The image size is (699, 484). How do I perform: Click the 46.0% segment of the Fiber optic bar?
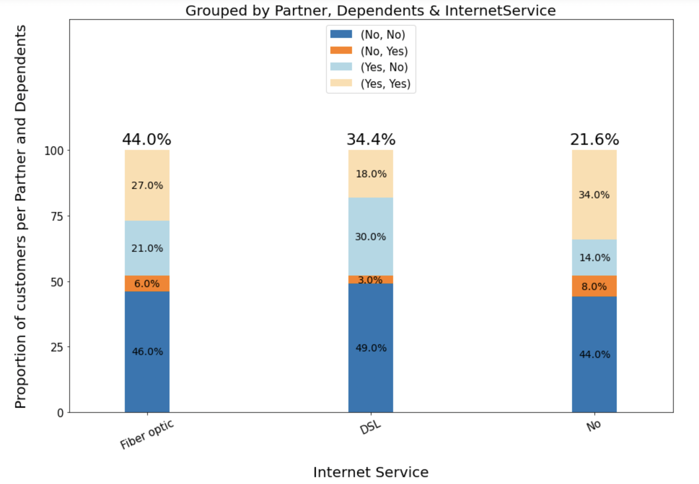147,351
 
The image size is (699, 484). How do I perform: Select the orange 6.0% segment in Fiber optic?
147,284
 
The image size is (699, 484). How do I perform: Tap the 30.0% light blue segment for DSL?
370,237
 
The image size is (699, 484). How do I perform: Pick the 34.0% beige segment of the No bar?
594,195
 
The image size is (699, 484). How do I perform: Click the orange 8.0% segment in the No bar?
594,286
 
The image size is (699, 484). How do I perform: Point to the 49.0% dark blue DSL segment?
370,348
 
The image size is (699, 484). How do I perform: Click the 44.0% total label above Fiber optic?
146,139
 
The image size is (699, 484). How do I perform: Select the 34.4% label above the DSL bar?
371,139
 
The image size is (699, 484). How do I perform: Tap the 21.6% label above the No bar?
594,139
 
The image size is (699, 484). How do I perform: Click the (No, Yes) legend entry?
384,51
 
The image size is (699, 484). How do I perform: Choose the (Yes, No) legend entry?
384,67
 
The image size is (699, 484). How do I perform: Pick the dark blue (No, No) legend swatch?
341,34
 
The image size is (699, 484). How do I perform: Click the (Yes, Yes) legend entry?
385,84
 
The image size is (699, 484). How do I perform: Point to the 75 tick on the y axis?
57,216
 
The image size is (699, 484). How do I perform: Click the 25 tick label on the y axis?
57,347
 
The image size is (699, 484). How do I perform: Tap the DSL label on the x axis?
370,427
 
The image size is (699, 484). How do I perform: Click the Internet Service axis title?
370,472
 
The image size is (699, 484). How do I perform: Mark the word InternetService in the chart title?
500,10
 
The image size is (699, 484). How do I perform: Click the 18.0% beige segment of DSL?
371,174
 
